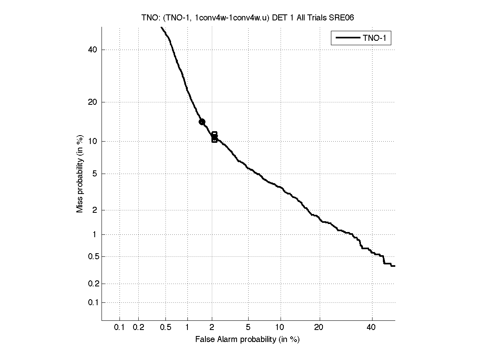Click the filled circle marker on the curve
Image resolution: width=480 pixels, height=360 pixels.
pyautogui.click(x=202, y=122)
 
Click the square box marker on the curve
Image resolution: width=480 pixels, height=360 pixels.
pyautogui.click(x=215, y=137)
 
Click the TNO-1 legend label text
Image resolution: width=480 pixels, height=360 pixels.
pyautogui.click(x=376, y=38)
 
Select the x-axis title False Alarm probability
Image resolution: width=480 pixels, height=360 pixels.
pyautogui.click(x=247, y=340)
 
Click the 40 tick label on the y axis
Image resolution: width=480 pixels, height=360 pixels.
pyautogui.click(x=93, y=50)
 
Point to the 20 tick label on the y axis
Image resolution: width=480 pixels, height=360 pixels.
pyautogui.click(x=93, y=102)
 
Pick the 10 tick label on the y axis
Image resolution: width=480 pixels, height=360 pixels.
pyautogui.click(x=93, y=141)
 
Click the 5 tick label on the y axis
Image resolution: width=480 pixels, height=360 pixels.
pyautogui.click(x=95, y=174)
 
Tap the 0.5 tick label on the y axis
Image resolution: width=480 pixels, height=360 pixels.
pyautogui.click(x=92, y=256)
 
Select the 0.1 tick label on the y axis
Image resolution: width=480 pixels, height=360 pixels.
pyautogui.click(x=92, y=302)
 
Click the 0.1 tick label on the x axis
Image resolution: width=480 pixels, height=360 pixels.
pyautogui.click(x=120, y=328)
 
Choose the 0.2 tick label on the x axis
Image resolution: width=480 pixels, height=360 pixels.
pyautogui.click(x=138, y=328)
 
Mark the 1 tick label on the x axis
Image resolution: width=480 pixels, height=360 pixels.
pyautogui.click(x=187, y=328)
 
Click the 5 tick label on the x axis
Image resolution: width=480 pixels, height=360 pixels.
pyautogui.click(x=248, y=328)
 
